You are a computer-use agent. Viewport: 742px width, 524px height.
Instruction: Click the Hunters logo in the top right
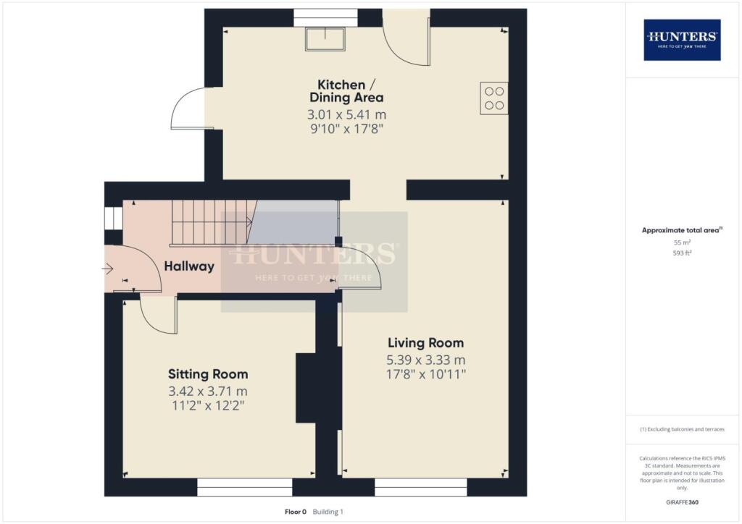pos(682,40)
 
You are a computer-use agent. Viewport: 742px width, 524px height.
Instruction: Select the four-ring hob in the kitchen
pos(493,98)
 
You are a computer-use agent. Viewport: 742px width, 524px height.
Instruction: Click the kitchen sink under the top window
pos(325,39)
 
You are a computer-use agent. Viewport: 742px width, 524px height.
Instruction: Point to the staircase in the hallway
pos(214,222)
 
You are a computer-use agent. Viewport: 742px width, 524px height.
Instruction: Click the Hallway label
pos(189,266)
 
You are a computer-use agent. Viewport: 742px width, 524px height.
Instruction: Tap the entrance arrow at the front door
pos(108,269)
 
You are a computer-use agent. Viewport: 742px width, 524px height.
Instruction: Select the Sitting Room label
pos(208,374)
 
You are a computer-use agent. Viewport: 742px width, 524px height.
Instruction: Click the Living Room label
pos(425,342)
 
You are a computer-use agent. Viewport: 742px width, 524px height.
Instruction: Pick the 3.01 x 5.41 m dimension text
pos(346,114)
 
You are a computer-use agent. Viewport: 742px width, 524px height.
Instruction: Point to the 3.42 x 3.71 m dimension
pos(208,392)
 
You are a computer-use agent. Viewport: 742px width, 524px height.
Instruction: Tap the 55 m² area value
pos(682,243)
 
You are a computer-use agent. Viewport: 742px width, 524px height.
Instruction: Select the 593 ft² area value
pos(682,253)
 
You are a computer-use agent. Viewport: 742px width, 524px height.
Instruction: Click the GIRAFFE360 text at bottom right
pos(682,502)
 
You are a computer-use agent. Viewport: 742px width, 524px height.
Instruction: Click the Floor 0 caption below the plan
pos(296,512)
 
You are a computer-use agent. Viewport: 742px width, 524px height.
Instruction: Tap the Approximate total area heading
pos(682,230)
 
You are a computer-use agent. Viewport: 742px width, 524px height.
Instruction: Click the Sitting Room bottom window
pos(244,487)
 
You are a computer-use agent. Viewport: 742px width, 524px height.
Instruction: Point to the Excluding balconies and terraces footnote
pos(682,429)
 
